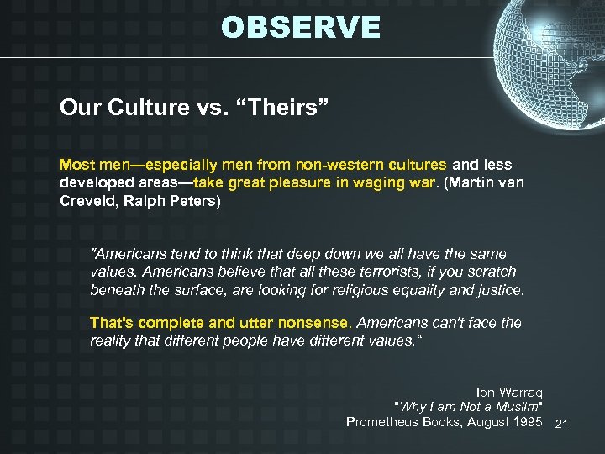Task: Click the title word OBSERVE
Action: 301,28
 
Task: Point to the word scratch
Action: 490,272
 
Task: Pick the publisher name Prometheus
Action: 384,421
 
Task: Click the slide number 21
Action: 562,424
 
